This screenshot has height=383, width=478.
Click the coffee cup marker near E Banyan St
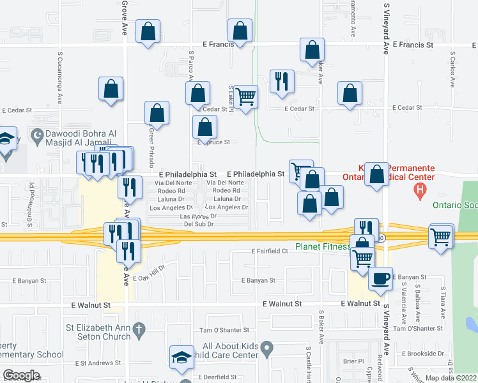coord(380,279)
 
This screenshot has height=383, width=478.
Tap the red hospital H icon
coord(420,190)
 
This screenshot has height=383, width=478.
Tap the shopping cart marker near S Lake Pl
coord(246,97)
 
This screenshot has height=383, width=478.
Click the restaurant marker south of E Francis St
coord(282,82)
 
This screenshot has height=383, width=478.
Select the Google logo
coord(21,375)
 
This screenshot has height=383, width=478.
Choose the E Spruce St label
coord(213,142)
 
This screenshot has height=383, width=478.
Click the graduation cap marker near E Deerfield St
coord(181,357)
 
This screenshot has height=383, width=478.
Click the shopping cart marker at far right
coord(442,236)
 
